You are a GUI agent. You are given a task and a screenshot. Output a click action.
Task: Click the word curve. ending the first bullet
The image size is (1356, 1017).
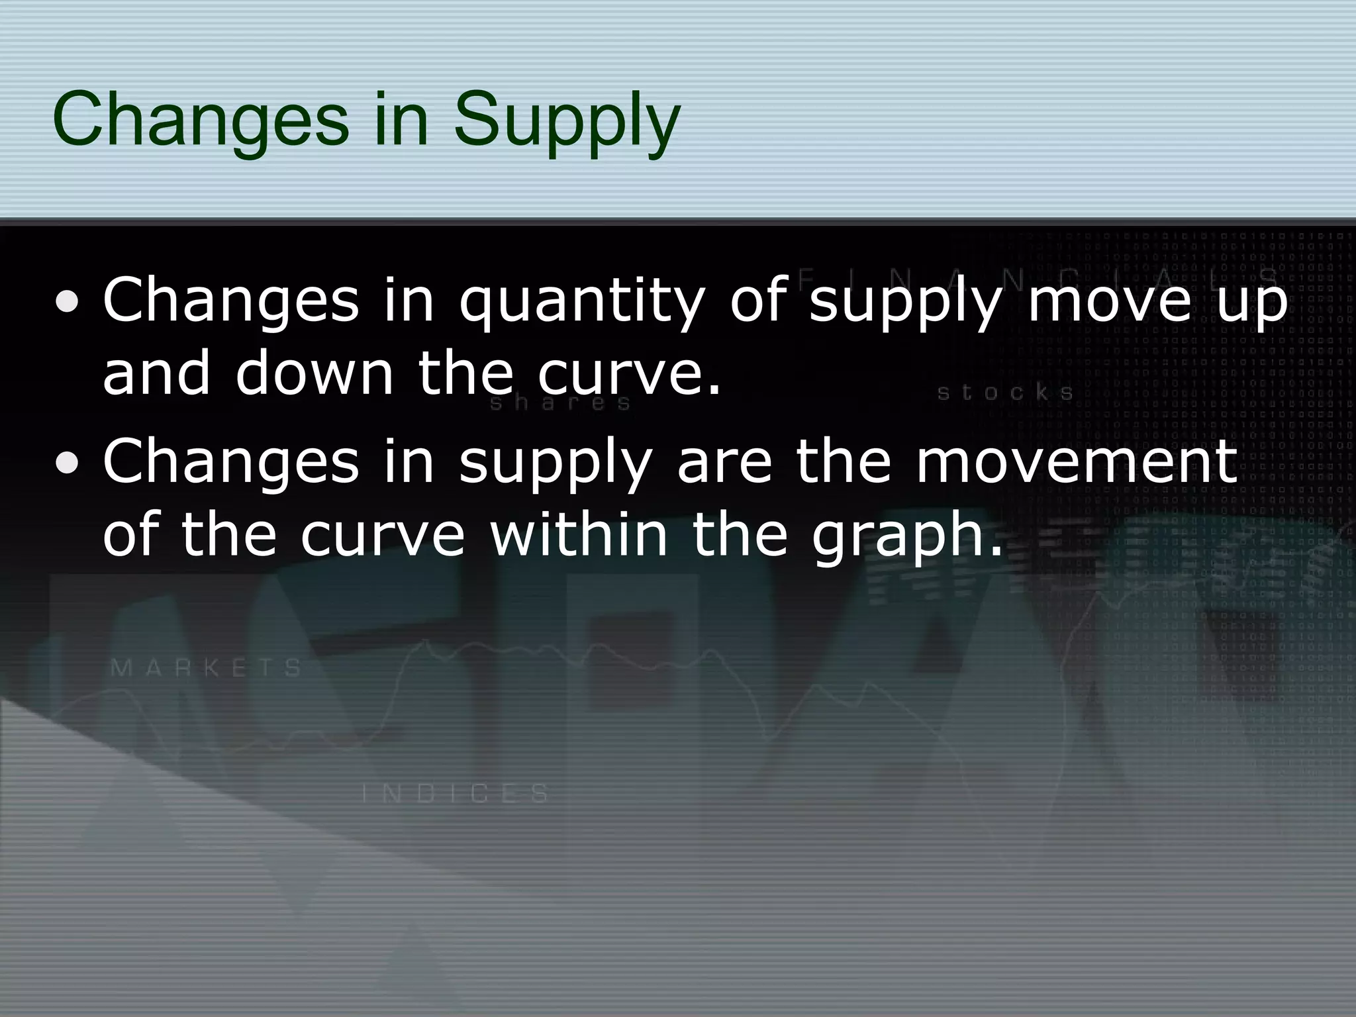coord(629,374)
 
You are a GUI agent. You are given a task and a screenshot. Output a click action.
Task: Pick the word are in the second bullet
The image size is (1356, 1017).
coord(725,463)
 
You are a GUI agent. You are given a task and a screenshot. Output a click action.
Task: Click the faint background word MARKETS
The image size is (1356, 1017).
coord(207,667)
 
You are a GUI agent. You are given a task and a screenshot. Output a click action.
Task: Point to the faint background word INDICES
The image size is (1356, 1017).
coord(456,793)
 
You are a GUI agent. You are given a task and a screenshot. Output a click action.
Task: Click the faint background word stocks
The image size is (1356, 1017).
coord(1005,393)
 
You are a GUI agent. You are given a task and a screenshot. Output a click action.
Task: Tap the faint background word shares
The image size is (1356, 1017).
coord(560,403)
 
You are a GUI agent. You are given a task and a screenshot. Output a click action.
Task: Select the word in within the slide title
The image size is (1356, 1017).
coord(400,121)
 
